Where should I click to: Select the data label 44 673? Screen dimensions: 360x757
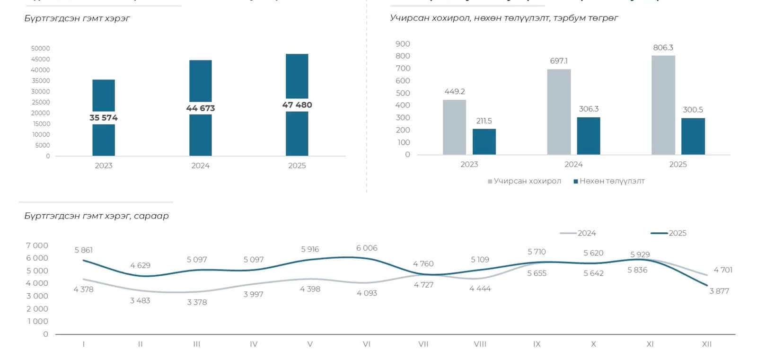tap(201, 108)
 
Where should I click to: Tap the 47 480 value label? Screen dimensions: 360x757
tap(297, 105)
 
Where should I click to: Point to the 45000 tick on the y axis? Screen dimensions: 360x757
tap(41, 59)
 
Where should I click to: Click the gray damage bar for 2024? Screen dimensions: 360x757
tap(559, 112)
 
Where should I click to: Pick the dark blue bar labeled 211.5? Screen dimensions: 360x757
tap(484, 141)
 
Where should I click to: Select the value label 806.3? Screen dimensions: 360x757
tap(663, 48)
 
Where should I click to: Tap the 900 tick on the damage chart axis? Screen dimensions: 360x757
tap(403, 44)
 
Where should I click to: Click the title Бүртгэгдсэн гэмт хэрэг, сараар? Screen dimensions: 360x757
tap(97, 216)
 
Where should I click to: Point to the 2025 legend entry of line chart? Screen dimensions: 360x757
tap(677, 233)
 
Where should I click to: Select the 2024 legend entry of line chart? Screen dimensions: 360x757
tap(586, 233)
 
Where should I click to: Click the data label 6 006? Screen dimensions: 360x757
tap(367, 248)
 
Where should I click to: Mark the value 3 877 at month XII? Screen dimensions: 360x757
tap(719, 291)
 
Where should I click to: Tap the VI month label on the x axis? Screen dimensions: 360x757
tap(367, 344)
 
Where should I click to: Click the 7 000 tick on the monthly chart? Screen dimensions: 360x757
tap(37, 246)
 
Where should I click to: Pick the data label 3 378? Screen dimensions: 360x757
tap(197, 302)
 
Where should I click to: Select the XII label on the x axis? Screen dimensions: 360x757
tap(706, 344)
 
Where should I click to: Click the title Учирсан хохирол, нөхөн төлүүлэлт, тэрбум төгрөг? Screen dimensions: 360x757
tap(504, 18)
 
